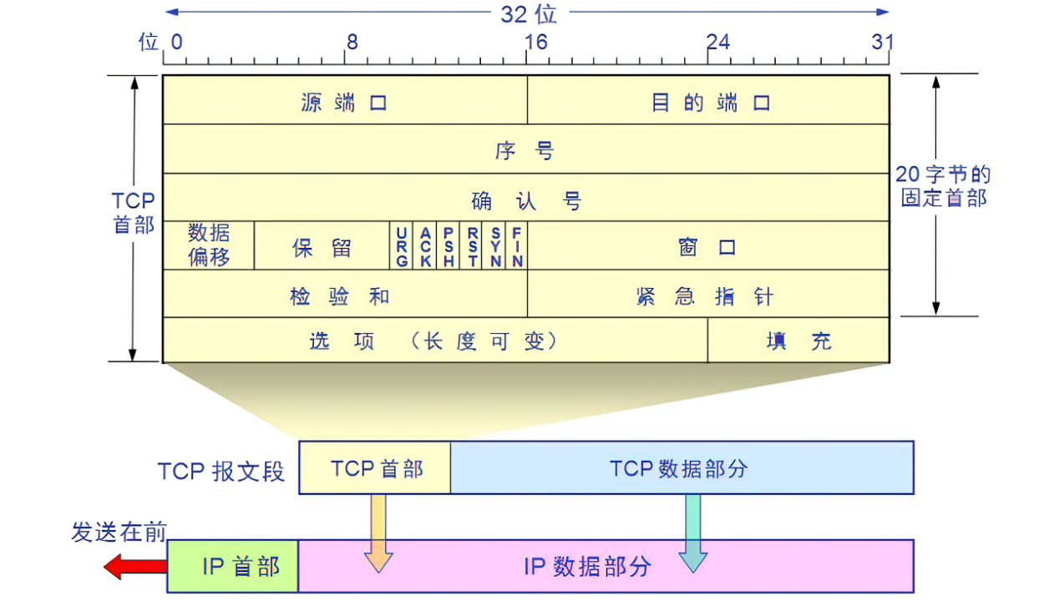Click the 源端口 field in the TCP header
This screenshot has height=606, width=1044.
tap(344, 102)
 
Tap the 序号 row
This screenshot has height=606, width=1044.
tap(525, 150)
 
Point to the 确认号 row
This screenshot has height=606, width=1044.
tap(525, 199)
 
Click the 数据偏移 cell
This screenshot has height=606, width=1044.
tap(208, 245)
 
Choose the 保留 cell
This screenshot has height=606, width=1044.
tap(322, 247)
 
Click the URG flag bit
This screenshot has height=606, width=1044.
tap(402, 246)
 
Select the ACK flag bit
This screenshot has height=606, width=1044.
tap(425, 246)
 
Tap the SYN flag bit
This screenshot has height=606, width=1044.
tap(495, 246)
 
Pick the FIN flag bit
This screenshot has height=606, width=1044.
tap(517, 246)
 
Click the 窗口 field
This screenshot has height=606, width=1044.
tap(708, 247)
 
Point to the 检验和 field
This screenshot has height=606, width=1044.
tap(344, 295)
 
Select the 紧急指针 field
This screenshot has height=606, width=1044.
tap(708, 295)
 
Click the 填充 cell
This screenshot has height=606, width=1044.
tap(798, 341)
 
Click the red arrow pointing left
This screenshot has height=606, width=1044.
tap(134, 568)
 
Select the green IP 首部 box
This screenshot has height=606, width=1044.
tap(233, 567)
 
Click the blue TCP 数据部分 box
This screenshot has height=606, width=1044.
tap(682, 468)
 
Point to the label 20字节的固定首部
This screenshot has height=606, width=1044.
tap(943, 186)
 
